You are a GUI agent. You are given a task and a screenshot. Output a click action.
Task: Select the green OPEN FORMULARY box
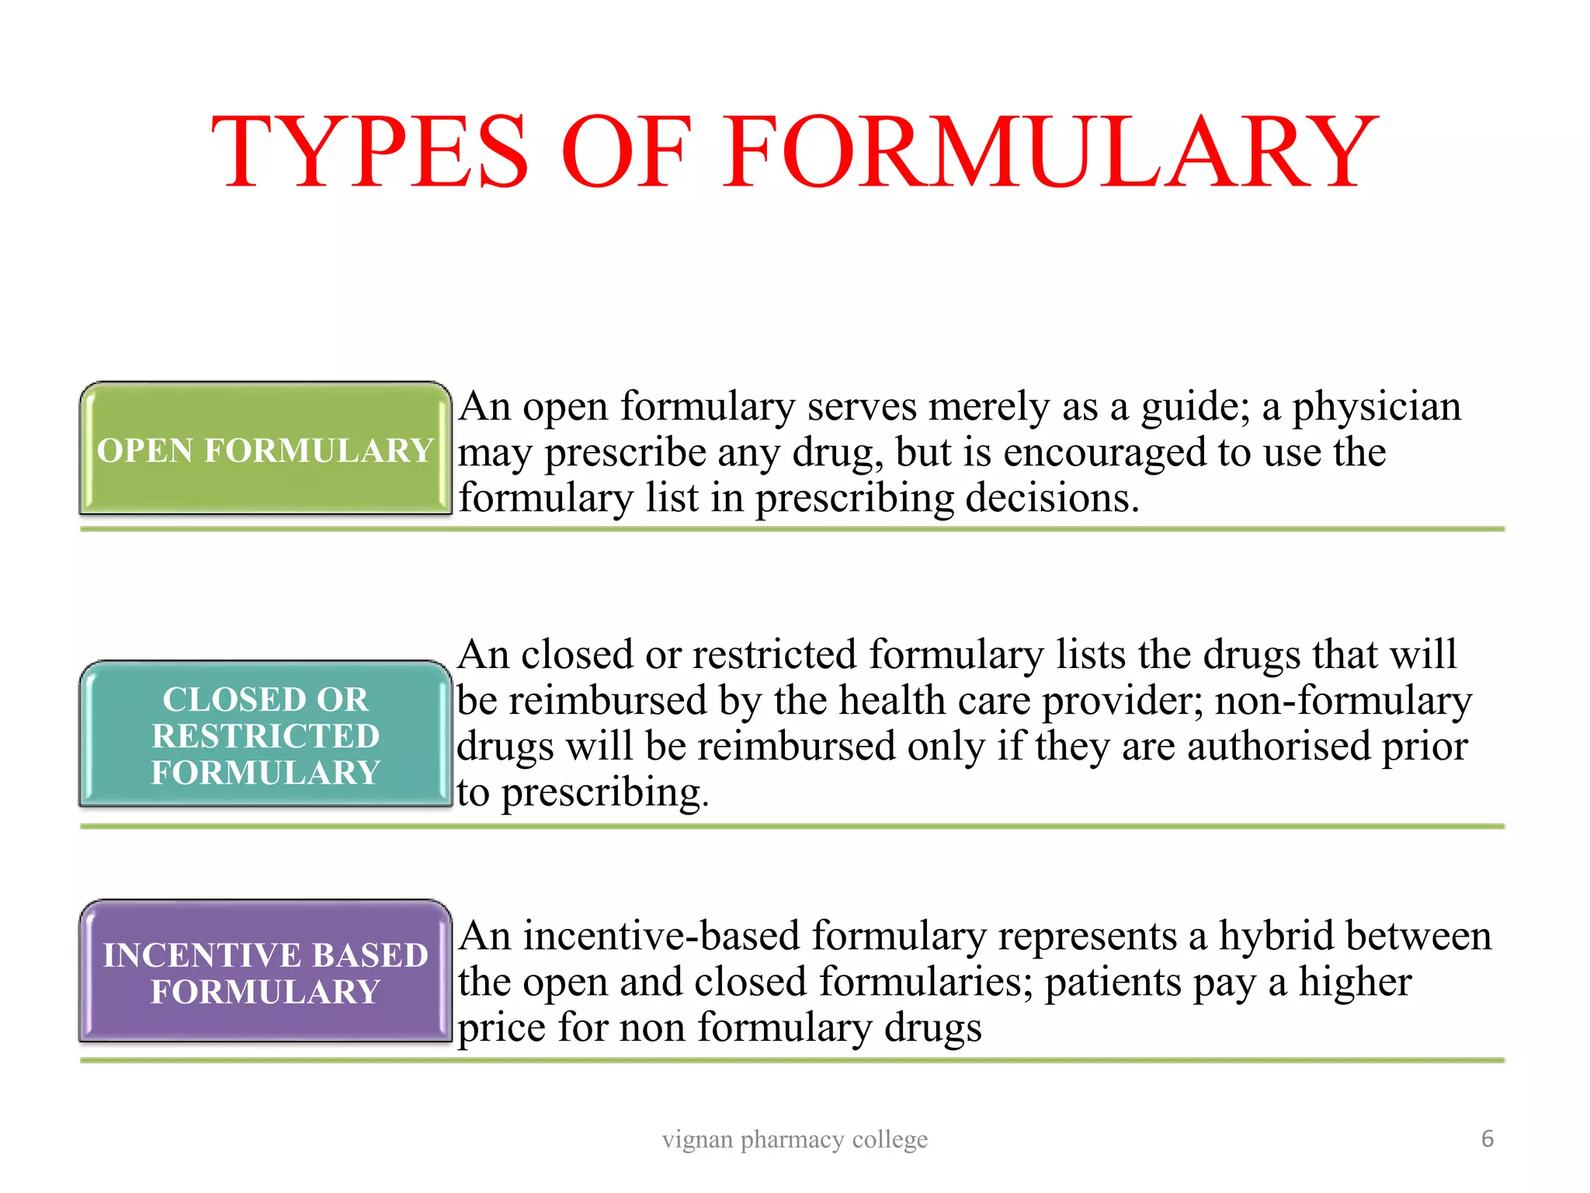coord(265,450)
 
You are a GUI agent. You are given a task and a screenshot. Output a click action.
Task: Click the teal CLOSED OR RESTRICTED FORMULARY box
coord(265,735)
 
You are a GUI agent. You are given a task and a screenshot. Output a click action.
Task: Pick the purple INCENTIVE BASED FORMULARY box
coord(265,972)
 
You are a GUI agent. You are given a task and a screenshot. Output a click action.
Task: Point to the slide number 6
coord(1487,1139)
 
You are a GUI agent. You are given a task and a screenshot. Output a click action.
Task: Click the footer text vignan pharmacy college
coord(794,1139)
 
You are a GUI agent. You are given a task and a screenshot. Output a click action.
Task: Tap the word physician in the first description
coord(1376,407)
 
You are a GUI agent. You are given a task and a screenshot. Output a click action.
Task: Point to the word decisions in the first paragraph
coord(1051,499)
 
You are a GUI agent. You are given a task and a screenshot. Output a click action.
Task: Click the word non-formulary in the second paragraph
coord(1343,701)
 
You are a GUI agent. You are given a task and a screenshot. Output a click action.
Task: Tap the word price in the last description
coord(502,1028)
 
